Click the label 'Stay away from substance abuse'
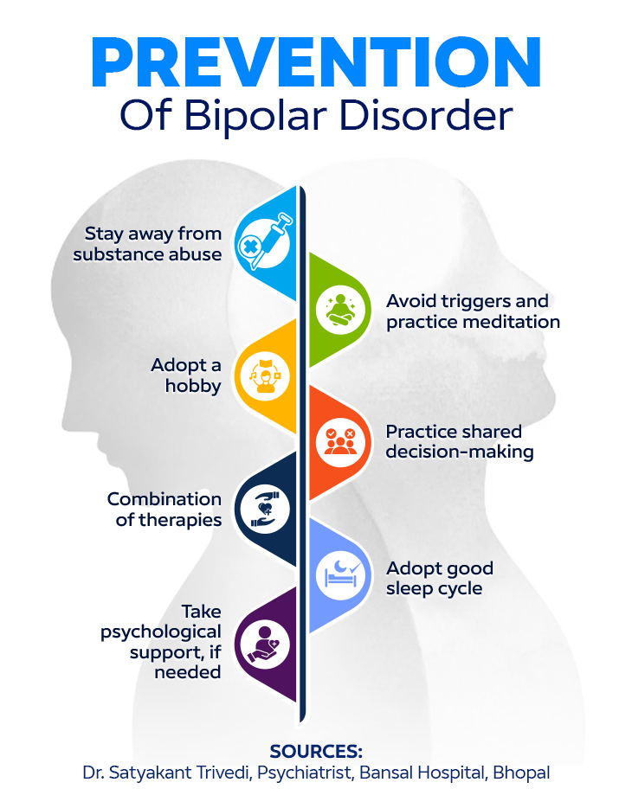click(x=147, y=243)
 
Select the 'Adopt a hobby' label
click(x=185, y=375)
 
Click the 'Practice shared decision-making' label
click(x=459, y=441)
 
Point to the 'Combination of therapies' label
click(x=164, y=509)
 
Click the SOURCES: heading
click(x=316, y=750)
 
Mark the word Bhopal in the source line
click(x=521, y=773)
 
